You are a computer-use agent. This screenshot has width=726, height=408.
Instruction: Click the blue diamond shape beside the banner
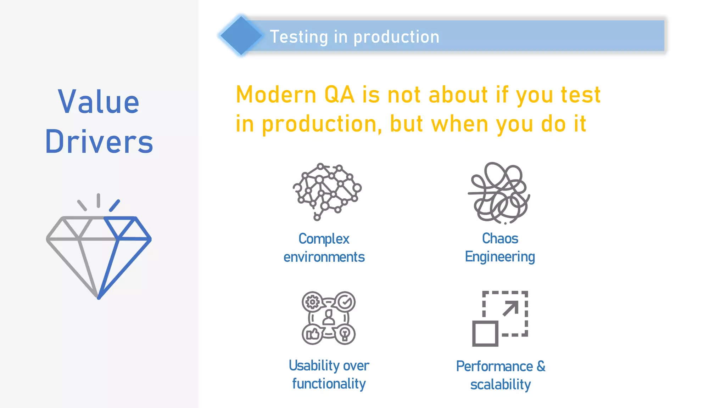click(x=241, y=36)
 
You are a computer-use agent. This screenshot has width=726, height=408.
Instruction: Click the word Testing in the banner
click(x=299, y=37)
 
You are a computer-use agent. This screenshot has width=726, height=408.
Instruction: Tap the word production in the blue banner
click(x=396, y=37)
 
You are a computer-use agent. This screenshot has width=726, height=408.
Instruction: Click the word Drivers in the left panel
click(x=99, y=142)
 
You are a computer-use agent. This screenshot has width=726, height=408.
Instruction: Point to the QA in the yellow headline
click(x=339, y=95)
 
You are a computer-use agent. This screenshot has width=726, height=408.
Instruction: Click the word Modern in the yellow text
click(x=276, y=95)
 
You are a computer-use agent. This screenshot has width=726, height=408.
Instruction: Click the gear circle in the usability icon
click(x=312, y=302)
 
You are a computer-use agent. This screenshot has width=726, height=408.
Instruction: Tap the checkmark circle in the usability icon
click(x=345, y=302)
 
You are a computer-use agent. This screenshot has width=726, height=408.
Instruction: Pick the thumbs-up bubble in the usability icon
click(x=312, y=334)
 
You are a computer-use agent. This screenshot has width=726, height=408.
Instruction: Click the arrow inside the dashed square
click(x=510, y=308)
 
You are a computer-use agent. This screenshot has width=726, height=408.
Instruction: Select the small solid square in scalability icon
click(x=485, y=334)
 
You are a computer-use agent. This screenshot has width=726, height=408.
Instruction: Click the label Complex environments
click(x=324, y=248)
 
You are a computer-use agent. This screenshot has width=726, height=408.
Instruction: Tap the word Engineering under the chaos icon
click(x=499, y=257)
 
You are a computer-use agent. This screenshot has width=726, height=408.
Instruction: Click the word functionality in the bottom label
click(x=329, y=384)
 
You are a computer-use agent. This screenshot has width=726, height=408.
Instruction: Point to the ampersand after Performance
click(x=541, y=366)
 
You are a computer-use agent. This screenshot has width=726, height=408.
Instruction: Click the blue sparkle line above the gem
click(x=115, y=205)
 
